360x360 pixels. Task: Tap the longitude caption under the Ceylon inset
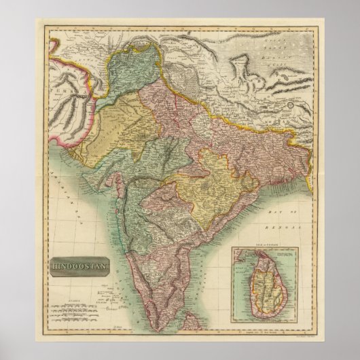268,329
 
